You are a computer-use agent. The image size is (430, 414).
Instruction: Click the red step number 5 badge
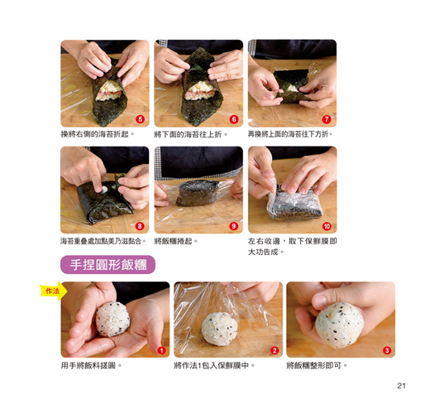(140, 119)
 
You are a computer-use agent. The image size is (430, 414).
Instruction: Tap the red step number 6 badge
(234, 119)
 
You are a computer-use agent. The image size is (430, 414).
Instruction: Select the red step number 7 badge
(327, 119)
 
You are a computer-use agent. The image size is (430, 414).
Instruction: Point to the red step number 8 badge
(140, 226)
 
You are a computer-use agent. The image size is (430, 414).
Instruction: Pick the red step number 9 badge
(234, 226)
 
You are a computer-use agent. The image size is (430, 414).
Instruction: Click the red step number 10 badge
(327, 226)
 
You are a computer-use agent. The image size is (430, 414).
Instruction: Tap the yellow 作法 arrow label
(54, 291)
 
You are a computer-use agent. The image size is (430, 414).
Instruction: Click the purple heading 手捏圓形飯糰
(107, 265)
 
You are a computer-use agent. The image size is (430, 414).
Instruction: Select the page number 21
(401, 386)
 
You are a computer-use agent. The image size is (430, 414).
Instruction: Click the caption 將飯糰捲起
(175, 241)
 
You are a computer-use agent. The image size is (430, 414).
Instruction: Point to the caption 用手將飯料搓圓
(91, 366)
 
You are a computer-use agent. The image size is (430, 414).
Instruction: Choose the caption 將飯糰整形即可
(317, 366)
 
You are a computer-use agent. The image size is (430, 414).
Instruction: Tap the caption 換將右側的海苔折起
(98, 134)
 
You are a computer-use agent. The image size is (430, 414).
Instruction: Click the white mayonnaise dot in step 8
(105, 190)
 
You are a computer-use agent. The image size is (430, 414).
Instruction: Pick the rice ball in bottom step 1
(112, 320)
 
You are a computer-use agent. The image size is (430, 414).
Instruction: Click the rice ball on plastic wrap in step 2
(219, 329)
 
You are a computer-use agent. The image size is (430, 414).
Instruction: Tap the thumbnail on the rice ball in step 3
(320, 301)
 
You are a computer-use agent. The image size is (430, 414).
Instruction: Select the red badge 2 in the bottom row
(275, 350)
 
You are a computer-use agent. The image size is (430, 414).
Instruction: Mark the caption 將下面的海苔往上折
(191, 134)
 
